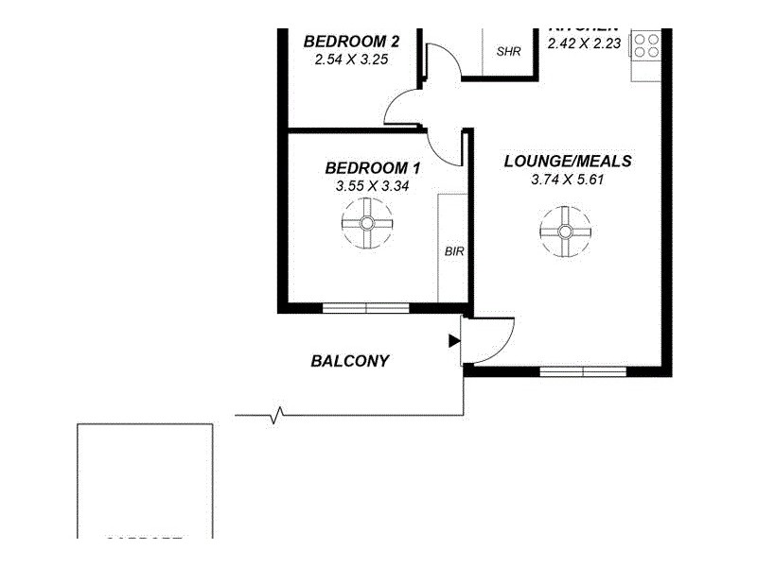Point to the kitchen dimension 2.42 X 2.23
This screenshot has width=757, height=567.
tap(585, 43)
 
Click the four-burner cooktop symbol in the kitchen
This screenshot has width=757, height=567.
tap(647, 46)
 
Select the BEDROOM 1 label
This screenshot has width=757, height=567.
tap(372, 168)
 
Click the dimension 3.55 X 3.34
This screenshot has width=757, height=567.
tap(372, 186)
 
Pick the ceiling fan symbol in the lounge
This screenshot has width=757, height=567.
tap(565, 231)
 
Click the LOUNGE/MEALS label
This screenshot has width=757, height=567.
tap(567, 161)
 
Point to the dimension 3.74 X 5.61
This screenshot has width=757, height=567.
tap(567, 179)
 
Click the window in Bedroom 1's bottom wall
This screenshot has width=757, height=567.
tap(365, 307)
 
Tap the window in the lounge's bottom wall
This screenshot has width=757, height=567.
tap(583, 370)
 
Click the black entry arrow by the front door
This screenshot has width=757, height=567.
tap(453, 339)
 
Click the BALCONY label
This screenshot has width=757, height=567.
tap(350, 361)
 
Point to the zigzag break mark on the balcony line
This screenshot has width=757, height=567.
tap(278, 415)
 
